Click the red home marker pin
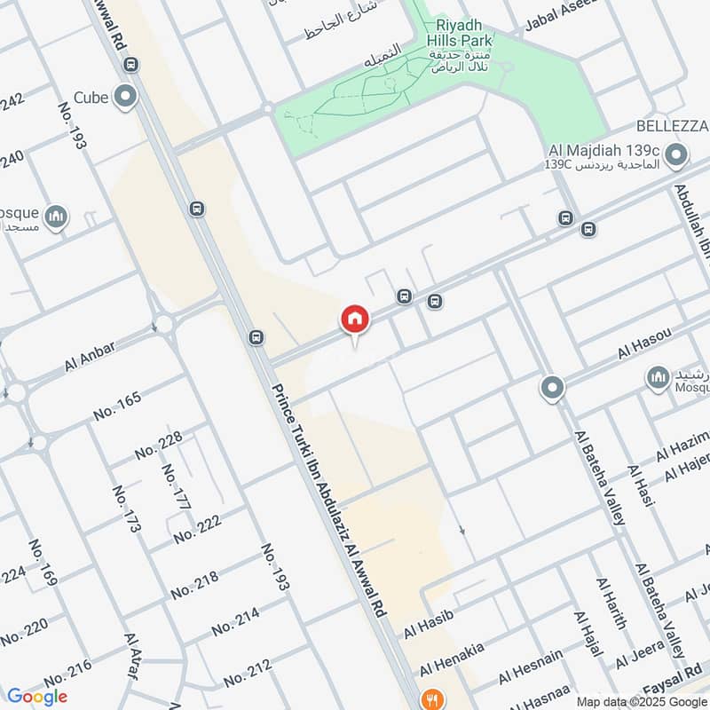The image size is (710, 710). click(354, 319)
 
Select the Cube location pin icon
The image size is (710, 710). click(126, 96)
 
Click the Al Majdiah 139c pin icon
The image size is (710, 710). click(676, 157)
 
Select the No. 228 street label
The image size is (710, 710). click(159, 445)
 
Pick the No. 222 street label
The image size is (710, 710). click(197, 530)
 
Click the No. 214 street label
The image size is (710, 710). click(235, 621)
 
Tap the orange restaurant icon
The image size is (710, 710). click(432, 698)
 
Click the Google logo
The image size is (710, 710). click(36, 696)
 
